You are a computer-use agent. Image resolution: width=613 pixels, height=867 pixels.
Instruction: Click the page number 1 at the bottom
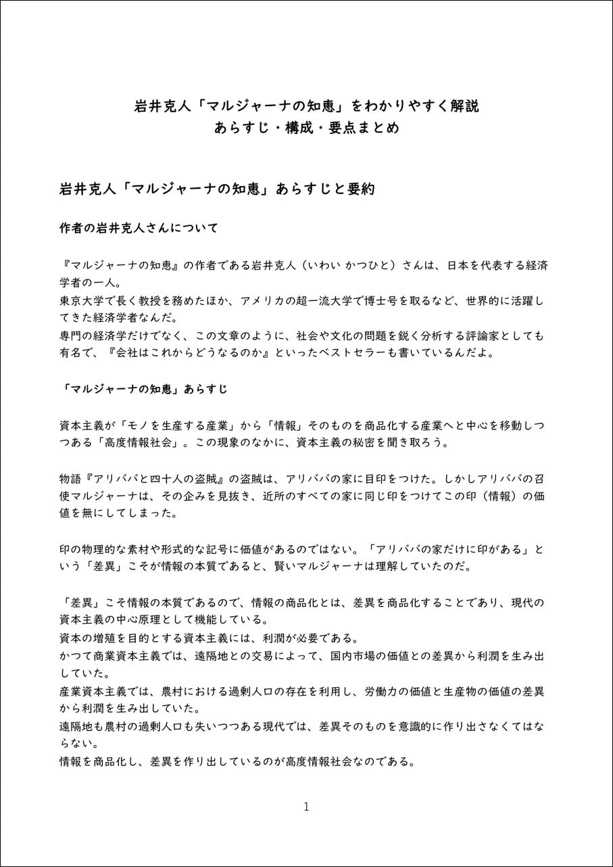(306, 806)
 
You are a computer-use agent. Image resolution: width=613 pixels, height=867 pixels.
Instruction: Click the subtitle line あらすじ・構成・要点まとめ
(306, 128)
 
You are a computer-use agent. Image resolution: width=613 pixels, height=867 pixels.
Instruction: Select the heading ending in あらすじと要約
(217, 189)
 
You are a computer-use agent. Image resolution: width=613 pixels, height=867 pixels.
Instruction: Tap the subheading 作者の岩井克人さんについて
(139, 228)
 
